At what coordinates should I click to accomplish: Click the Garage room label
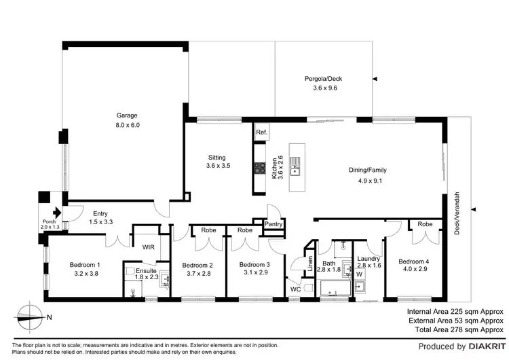(x=127, y=115)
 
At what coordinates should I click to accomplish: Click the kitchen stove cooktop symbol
(x=259, y=168)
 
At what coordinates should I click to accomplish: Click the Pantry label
(x=274, y=223)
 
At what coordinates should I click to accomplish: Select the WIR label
(x=149, y=247)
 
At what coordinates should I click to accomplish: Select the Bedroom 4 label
(x=414, y=262)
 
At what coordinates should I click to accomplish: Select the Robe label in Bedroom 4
(x=425, y=224)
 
